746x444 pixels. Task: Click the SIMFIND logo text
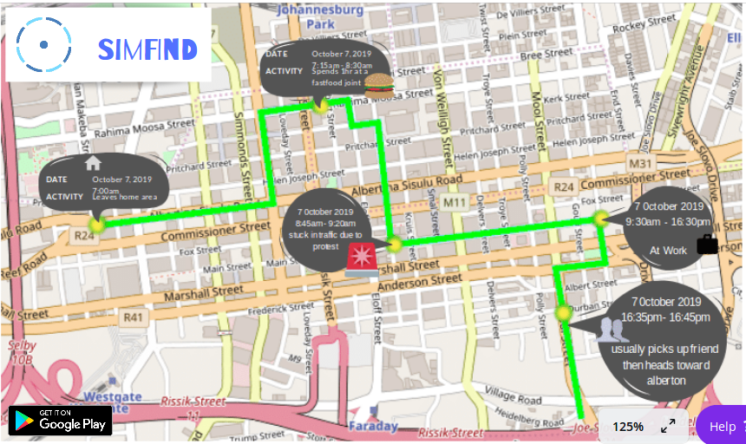[x=147, y=49]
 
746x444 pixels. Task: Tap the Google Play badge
[x=61, y=421]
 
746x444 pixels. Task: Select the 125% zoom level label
[x=628, y=427]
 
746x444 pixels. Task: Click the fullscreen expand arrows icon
[x=668, y=426]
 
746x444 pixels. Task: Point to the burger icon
[x=378, y=83]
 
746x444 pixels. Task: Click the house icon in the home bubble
[x=93, y=164]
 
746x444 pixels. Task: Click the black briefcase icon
[x=707, y=244]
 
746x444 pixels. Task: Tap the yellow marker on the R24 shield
[x=95, y=225]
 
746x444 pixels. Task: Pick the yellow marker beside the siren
[x=394, y=245]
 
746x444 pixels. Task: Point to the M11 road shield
[x=455, y=202]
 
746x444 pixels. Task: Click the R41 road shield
[x=133, y=317]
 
